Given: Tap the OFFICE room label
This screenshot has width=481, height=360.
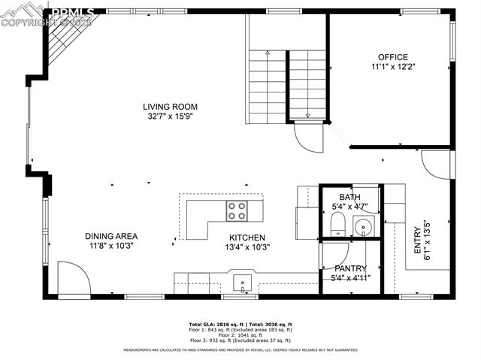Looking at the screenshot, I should point(392,57).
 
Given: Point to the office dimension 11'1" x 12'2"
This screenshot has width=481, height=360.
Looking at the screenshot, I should point(392,67).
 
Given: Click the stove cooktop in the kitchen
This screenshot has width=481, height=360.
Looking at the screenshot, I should point(237,211).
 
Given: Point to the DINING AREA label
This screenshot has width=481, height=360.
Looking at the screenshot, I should point(110,236).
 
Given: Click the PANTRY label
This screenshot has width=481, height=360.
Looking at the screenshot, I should point(350,268).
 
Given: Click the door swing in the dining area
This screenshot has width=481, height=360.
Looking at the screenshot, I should point(73,279).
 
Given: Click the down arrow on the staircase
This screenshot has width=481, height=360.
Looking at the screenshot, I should point(307,115).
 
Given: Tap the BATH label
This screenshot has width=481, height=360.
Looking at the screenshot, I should point(349,197).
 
